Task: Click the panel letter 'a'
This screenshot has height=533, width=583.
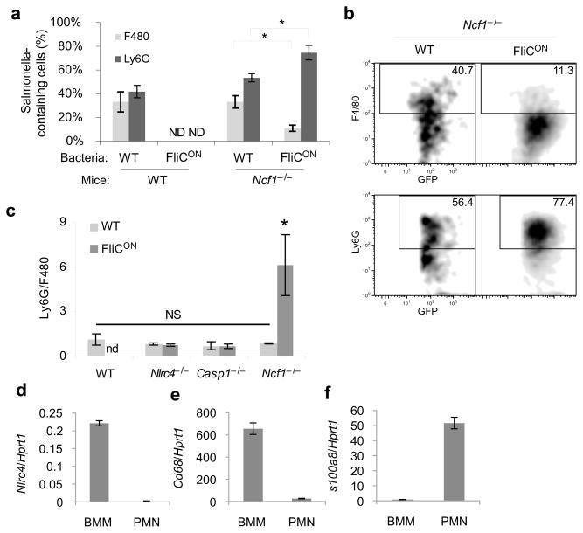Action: (10, 10)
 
